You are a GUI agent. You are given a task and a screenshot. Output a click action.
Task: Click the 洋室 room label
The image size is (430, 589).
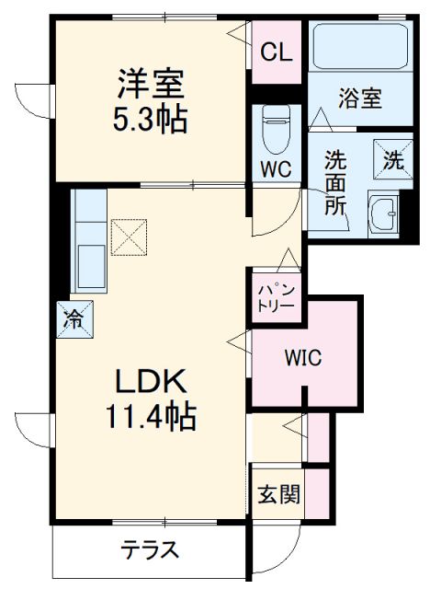pos(151,85)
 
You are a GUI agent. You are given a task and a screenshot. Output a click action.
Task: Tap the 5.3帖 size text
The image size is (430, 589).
pos(151,120)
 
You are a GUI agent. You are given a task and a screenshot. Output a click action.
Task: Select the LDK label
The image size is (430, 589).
pos(152,382)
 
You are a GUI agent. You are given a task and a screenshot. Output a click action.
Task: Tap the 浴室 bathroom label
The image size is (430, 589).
pos(359,98)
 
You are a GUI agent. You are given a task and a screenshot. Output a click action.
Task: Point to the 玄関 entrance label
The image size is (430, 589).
pos(277,494)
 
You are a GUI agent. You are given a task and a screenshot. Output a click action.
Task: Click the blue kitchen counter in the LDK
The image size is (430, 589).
pos(88,241)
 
